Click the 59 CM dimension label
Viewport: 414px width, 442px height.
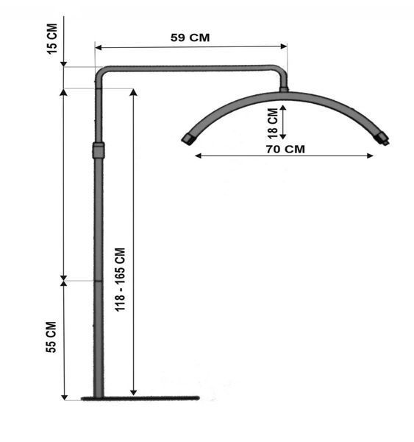tap(190, 38)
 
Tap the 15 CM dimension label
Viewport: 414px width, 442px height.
tap(52, 38)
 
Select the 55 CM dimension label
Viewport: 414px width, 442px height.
tap(51, 337)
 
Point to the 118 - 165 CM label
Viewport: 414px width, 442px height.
tap(120, 280)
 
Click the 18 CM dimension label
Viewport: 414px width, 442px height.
tap(273, 123)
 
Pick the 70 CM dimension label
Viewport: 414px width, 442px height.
tap(285, 149)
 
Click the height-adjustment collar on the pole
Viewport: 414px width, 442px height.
tap(99, 150)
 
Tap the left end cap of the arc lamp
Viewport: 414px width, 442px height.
tap(188, 138)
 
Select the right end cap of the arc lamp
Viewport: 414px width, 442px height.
tap(382, 138)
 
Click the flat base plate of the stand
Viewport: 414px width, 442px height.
tap(140, 399)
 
